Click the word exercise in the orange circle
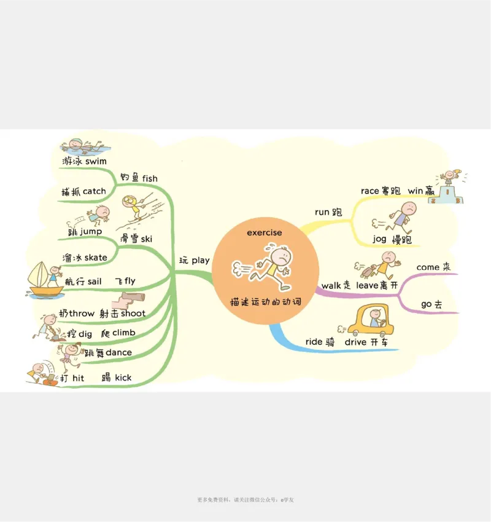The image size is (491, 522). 265,232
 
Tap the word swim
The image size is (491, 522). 96,161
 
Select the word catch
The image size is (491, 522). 95,191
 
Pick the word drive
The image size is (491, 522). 355,342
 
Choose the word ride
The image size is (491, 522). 314,342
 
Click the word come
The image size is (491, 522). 428,267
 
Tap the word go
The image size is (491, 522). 427,304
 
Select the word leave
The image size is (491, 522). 367,285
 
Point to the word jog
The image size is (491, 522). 379,239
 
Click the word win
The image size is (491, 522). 416,191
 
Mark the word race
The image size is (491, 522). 369,191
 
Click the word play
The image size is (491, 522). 201,260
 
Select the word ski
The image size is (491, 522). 147,238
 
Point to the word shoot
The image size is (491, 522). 133,314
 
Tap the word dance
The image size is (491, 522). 118,352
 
